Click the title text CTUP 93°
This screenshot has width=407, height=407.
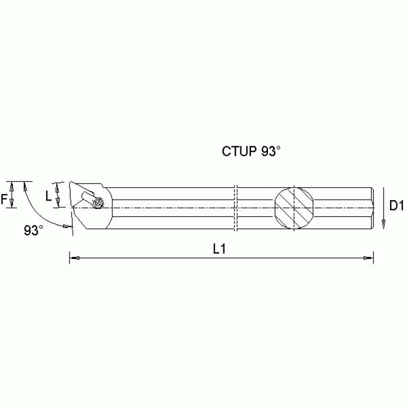pyautogui.click(x=250, y=151)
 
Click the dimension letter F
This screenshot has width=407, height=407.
pyautogui.click(x=5, y=199)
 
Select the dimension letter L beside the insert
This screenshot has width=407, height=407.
pyautogui.click(x=49, y=196)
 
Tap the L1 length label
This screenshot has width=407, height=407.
pyautogui.click(x=220, y=248)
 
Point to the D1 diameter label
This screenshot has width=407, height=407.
pyautogui.click(x=397, y=205)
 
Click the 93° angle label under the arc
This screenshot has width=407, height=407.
pyautogui.click(x=33, y=230)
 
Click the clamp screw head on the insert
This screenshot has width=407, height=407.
pyautogui.click(x=97, y=203)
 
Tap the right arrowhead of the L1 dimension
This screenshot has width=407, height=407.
pyautogui.click(x=367, y=258)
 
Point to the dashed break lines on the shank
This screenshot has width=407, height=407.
pyautogui.click(x=237, y=207)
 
